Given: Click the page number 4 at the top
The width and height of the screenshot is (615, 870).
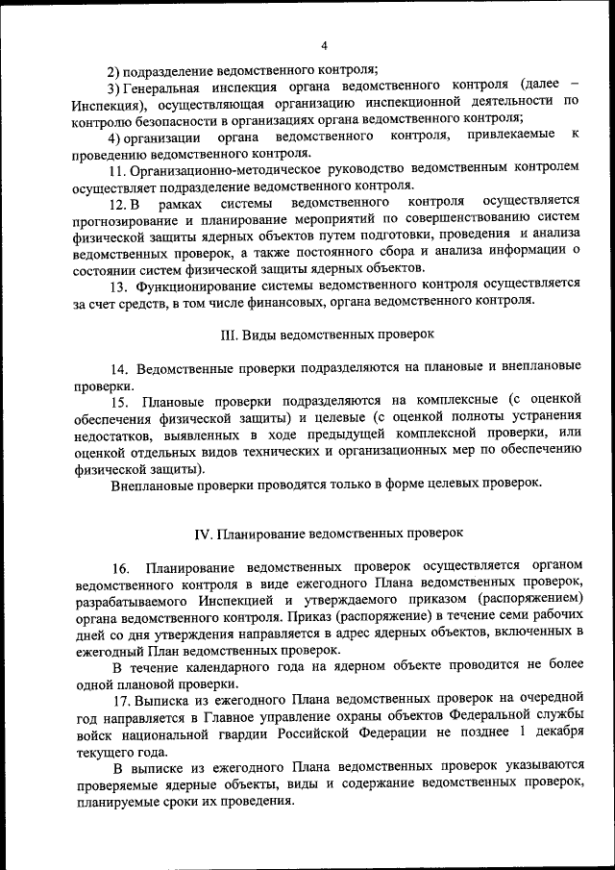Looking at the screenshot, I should (x=325, y=45).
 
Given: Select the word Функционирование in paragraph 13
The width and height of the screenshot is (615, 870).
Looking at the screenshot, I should (x=201, y=285).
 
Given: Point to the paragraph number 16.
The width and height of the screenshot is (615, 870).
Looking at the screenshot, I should (x=120, y=566).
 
